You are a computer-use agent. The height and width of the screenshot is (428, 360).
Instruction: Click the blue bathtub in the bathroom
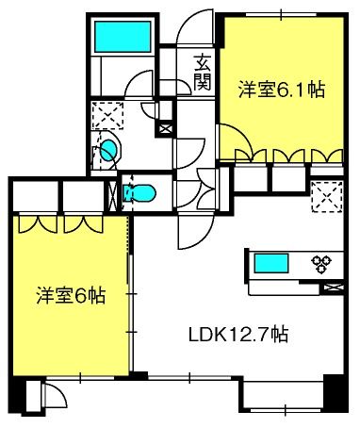point(123,37)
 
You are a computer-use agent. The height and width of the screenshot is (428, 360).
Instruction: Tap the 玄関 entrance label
point(203,73)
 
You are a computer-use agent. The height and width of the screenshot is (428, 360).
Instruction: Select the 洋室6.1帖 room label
point(282,90)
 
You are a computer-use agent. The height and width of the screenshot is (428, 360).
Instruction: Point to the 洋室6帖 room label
point(71,295)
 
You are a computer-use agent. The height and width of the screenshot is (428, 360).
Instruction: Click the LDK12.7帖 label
point(238,335)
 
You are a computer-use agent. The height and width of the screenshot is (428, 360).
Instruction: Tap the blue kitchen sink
point(271,263)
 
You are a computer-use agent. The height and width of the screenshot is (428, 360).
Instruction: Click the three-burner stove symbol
point(321,264)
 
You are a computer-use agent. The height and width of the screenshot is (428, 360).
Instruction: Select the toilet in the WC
point(139,193)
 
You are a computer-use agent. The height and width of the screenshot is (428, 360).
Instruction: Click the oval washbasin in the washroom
point(110,150)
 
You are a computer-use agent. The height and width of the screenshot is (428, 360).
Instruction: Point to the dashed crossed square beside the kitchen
point(327,197)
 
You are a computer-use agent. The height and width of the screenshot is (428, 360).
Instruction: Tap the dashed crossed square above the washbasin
point(107,116)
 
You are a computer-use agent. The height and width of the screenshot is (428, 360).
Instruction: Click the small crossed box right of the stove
point(333,287)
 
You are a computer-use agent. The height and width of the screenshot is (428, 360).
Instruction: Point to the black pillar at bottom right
point(335,393)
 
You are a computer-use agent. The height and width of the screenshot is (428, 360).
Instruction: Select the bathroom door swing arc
point(139,82)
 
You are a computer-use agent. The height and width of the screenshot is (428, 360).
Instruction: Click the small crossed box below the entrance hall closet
point(166,128)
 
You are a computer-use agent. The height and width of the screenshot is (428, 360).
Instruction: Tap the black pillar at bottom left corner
point(18,393)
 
